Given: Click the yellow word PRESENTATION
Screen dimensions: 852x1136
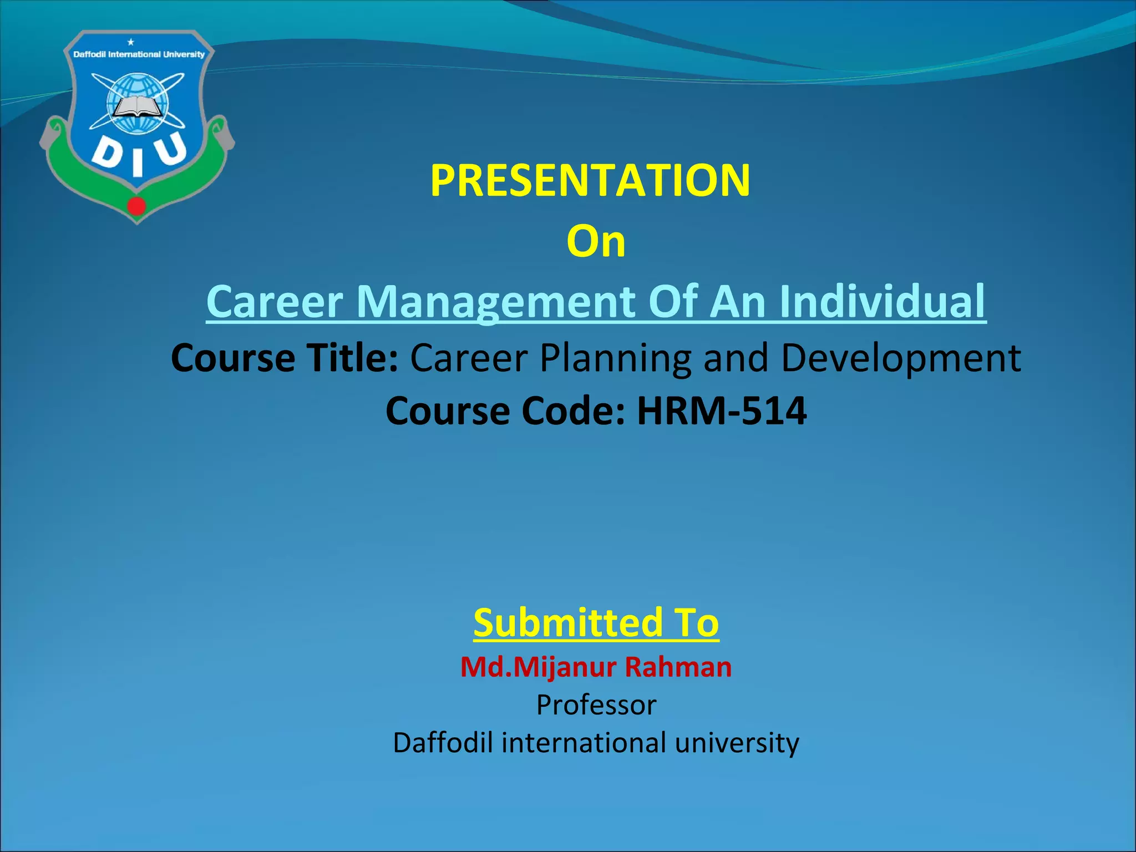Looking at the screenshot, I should click(x=590, y=180).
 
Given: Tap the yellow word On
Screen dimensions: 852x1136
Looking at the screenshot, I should click(x=596, y=242).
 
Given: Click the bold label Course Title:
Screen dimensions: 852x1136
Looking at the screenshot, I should click(x=285, y=358).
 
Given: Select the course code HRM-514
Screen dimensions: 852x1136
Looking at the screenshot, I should click(x=721, y=411).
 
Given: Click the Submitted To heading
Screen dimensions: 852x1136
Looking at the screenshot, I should click(x=596, y=622).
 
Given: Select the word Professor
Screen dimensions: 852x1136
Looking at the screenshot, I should click(x=596, y=705).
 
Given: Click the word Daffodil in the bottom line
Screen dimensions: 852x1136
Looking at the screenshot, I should click(x=443, y=743).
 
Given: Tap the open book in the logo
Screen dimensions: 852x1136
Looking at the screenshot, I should click(x=136, y=106).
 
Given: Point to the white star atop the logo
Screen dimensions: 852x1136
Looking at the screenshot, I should click(x=131, y=42).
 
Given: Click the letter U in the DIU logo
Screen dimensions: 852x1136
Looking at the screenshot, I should click(x=170, y=149).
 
